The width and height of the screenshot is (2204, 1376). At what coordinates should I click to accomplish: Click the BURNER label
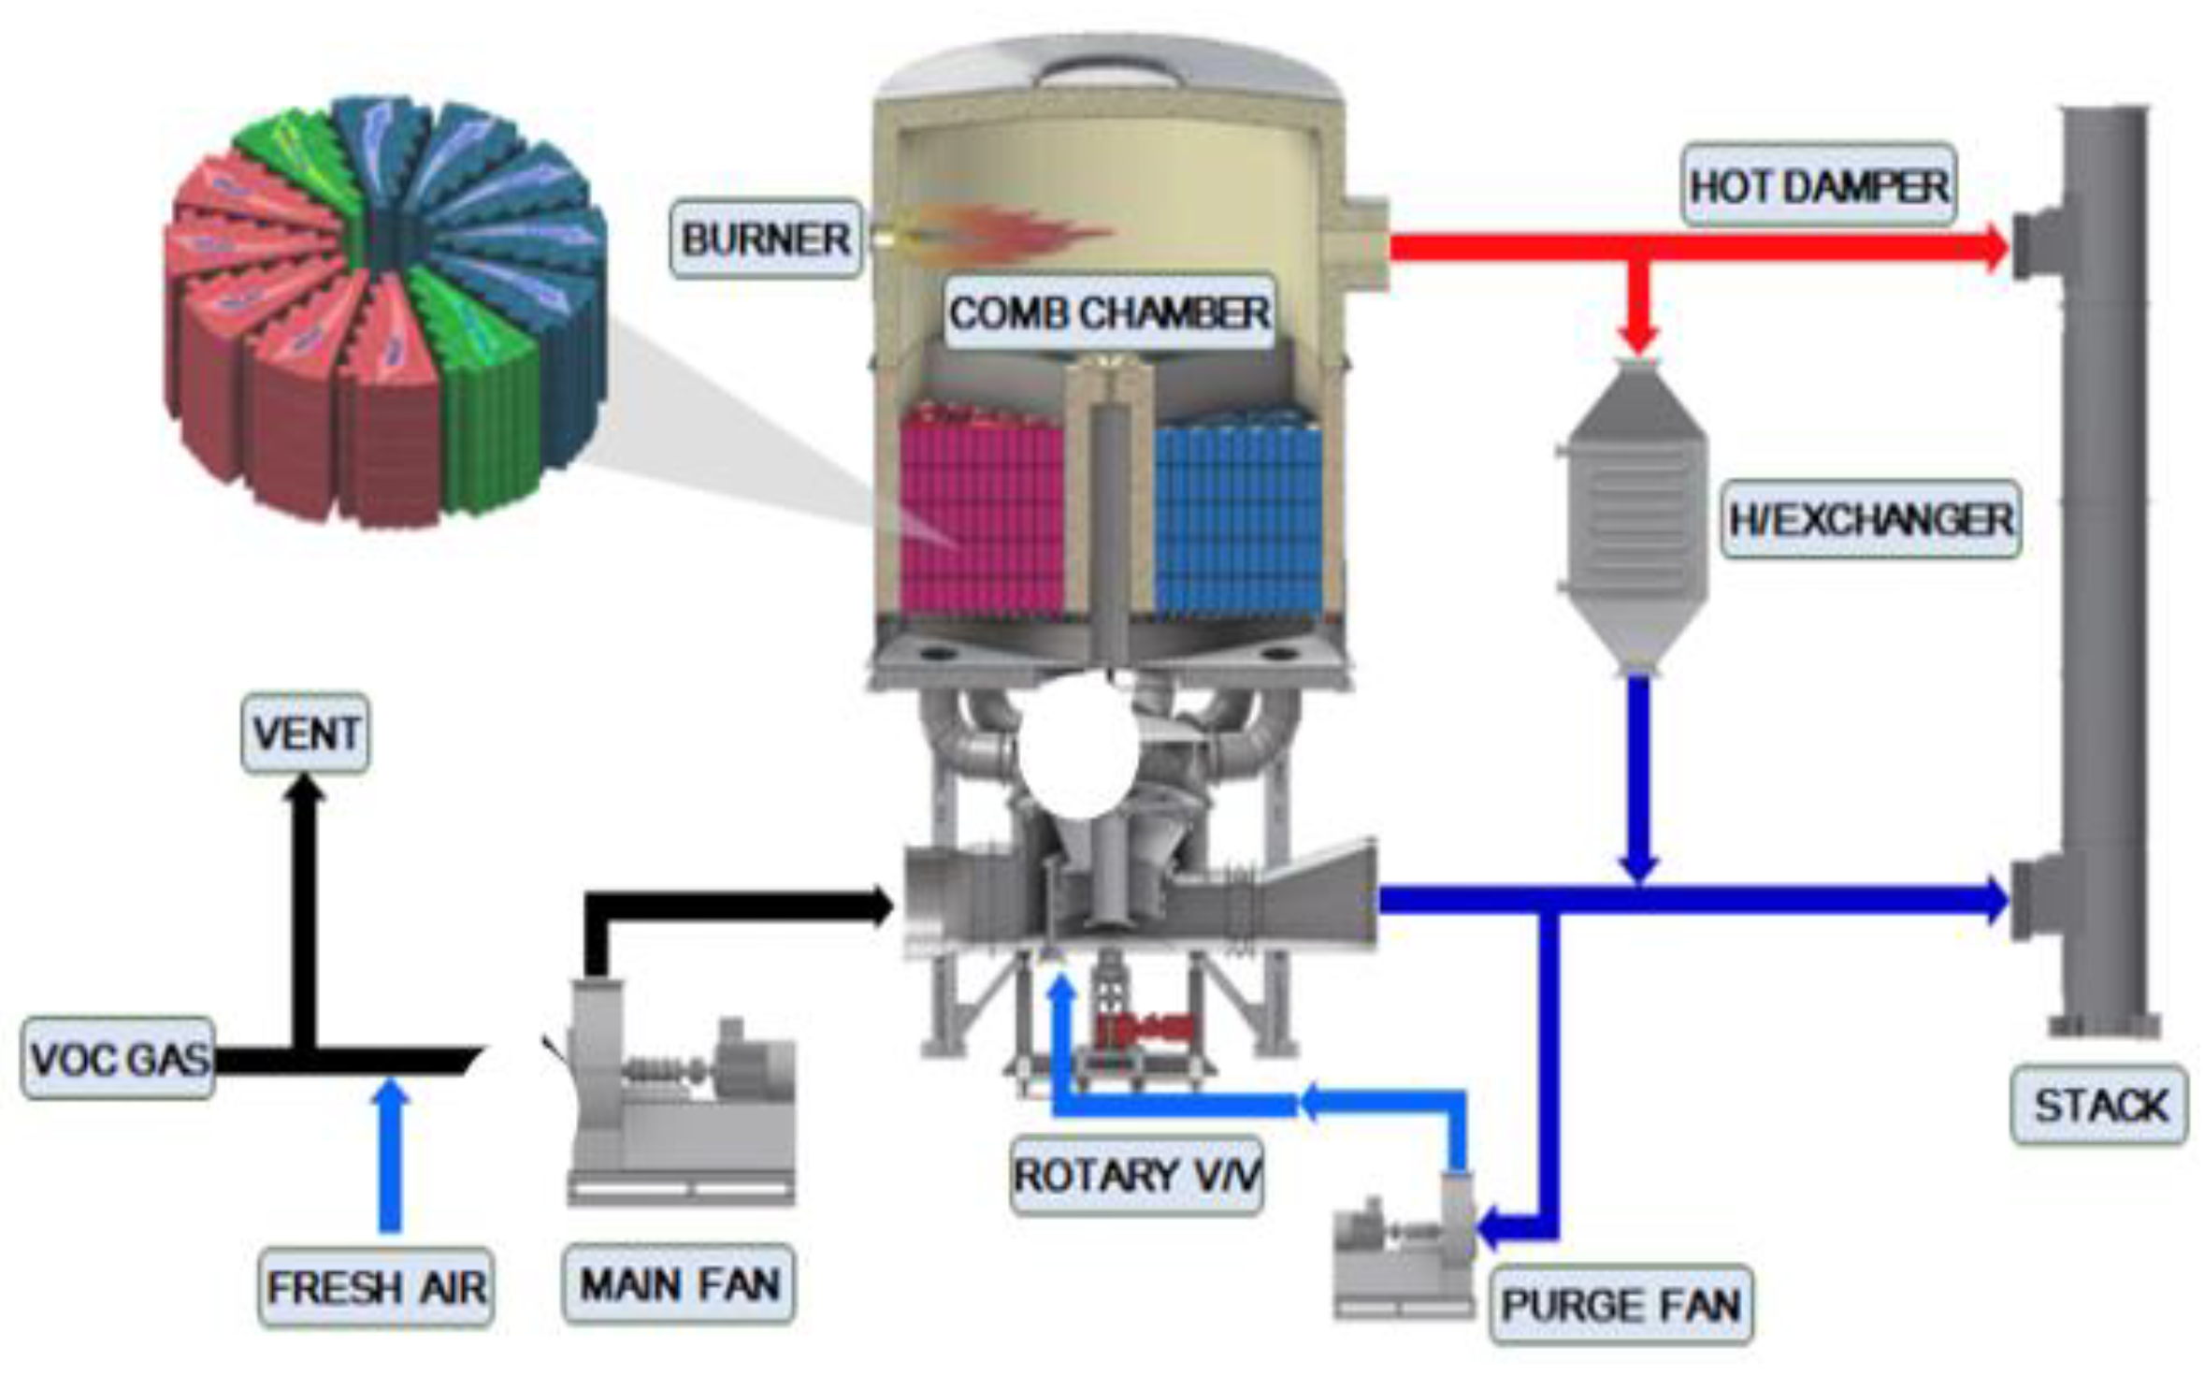coord(765,239)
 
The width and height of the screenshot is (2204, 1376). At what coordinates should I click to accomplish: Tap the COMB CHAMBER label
coord(1109,312)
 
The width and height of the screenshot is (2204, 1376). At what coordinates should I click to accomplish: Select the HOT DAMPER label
coord(1818,185)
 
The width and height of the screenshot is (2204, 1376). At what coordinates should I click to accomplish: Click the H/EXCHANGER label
coord(1870,519)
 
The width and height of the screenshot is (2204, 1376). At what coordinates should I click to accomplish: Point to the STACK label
coord(2098,1105)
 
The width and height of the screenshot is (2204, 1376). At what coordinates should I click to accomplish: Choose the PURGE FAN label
coord(1620,1304)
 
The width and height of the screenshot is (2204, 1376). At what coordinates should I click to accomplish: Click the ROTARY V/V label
coord(1136,1175)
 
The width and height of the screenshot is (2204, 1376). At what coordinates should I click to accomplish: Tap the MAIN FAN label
coord(679,1283)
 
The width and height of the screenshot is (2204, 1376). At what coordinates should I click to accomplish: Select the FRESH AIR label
coord(375,1287)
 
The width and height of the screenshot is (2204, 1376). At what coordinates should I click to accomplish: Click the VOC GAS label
coord(119,1058)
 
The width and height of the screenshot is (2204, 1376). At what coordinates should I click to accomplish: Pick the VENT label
coord(306,732)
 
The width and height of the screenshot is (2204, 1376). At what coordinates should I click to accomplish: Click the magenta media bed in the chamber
coord(982,514)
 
